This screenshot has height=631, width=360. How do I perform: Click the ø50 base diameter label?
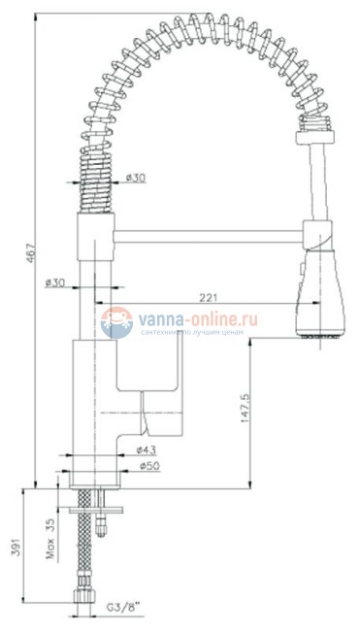point(148,466)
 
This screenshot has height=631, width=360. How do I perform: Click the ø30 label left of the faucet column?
point(54,282)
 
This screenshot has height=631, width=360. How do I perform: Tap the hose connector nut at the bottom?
point(82,593)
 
